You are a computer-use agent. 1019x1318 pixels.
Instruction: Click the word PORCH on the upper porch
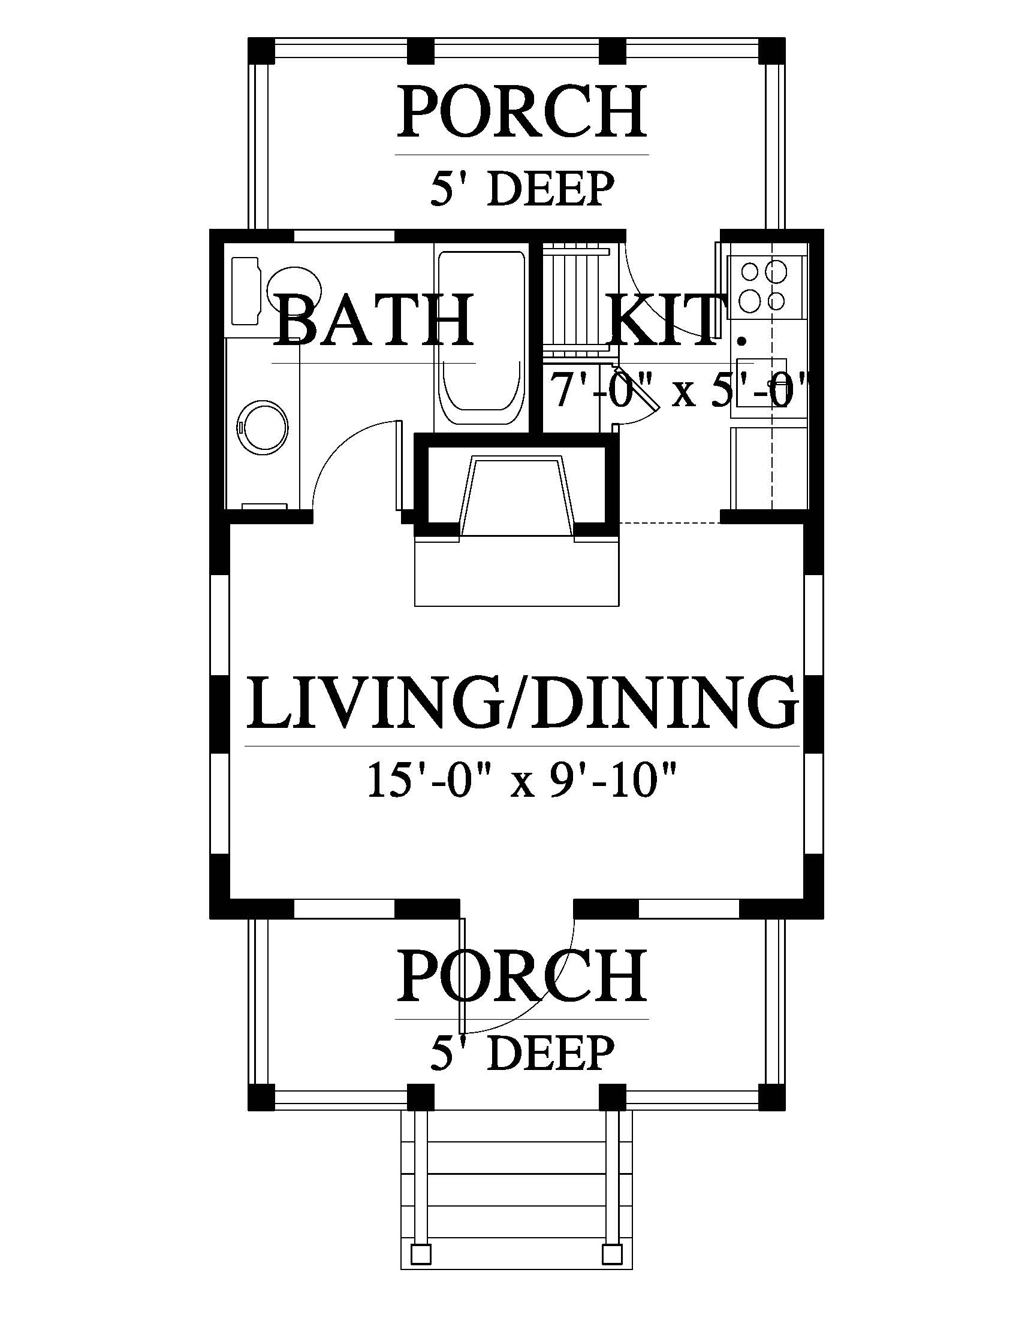click(x=521, y=112)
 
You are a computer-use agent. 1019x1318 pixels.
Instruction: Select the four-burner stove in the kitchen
click(x=767, y=287)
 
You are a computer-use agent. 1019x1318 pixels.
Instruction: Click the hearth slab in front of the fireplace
click(x=517, y=571)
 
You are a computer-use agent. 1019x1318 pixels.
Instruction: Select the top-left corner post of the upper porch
click(x=261, y=50)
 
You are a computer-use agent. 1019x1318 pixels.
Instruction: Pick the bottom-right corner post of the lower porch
click(x=772, y=1097)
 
